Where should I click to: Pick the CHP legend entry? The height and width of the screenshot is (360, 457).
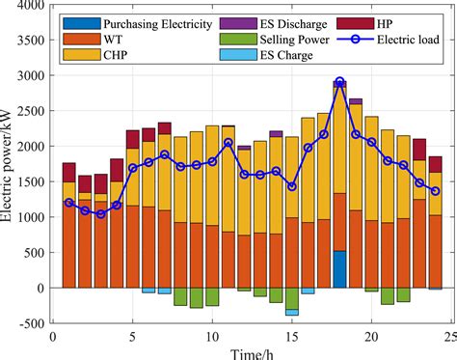pos(113,54)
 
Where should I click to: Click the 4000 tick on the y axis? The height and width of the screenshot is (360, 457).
pos(29,5)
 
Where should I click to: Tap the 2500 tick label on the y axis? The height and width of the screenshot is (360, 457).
pos(29,111)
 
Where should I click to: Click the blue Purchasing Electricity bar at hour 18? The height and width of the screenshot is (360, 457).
pos(339,269)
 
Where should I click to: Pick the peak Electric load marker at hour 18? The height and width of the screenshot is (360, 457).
pos(339,82)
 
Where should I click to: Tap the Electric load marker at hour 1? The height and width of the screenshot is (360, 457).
pos(68,203)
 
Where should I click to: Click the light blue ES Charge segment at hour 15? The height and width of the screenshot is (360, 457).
pos(291,313)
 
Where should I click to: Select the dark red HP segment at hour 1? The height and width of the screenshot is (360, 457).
pos(68,172)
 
